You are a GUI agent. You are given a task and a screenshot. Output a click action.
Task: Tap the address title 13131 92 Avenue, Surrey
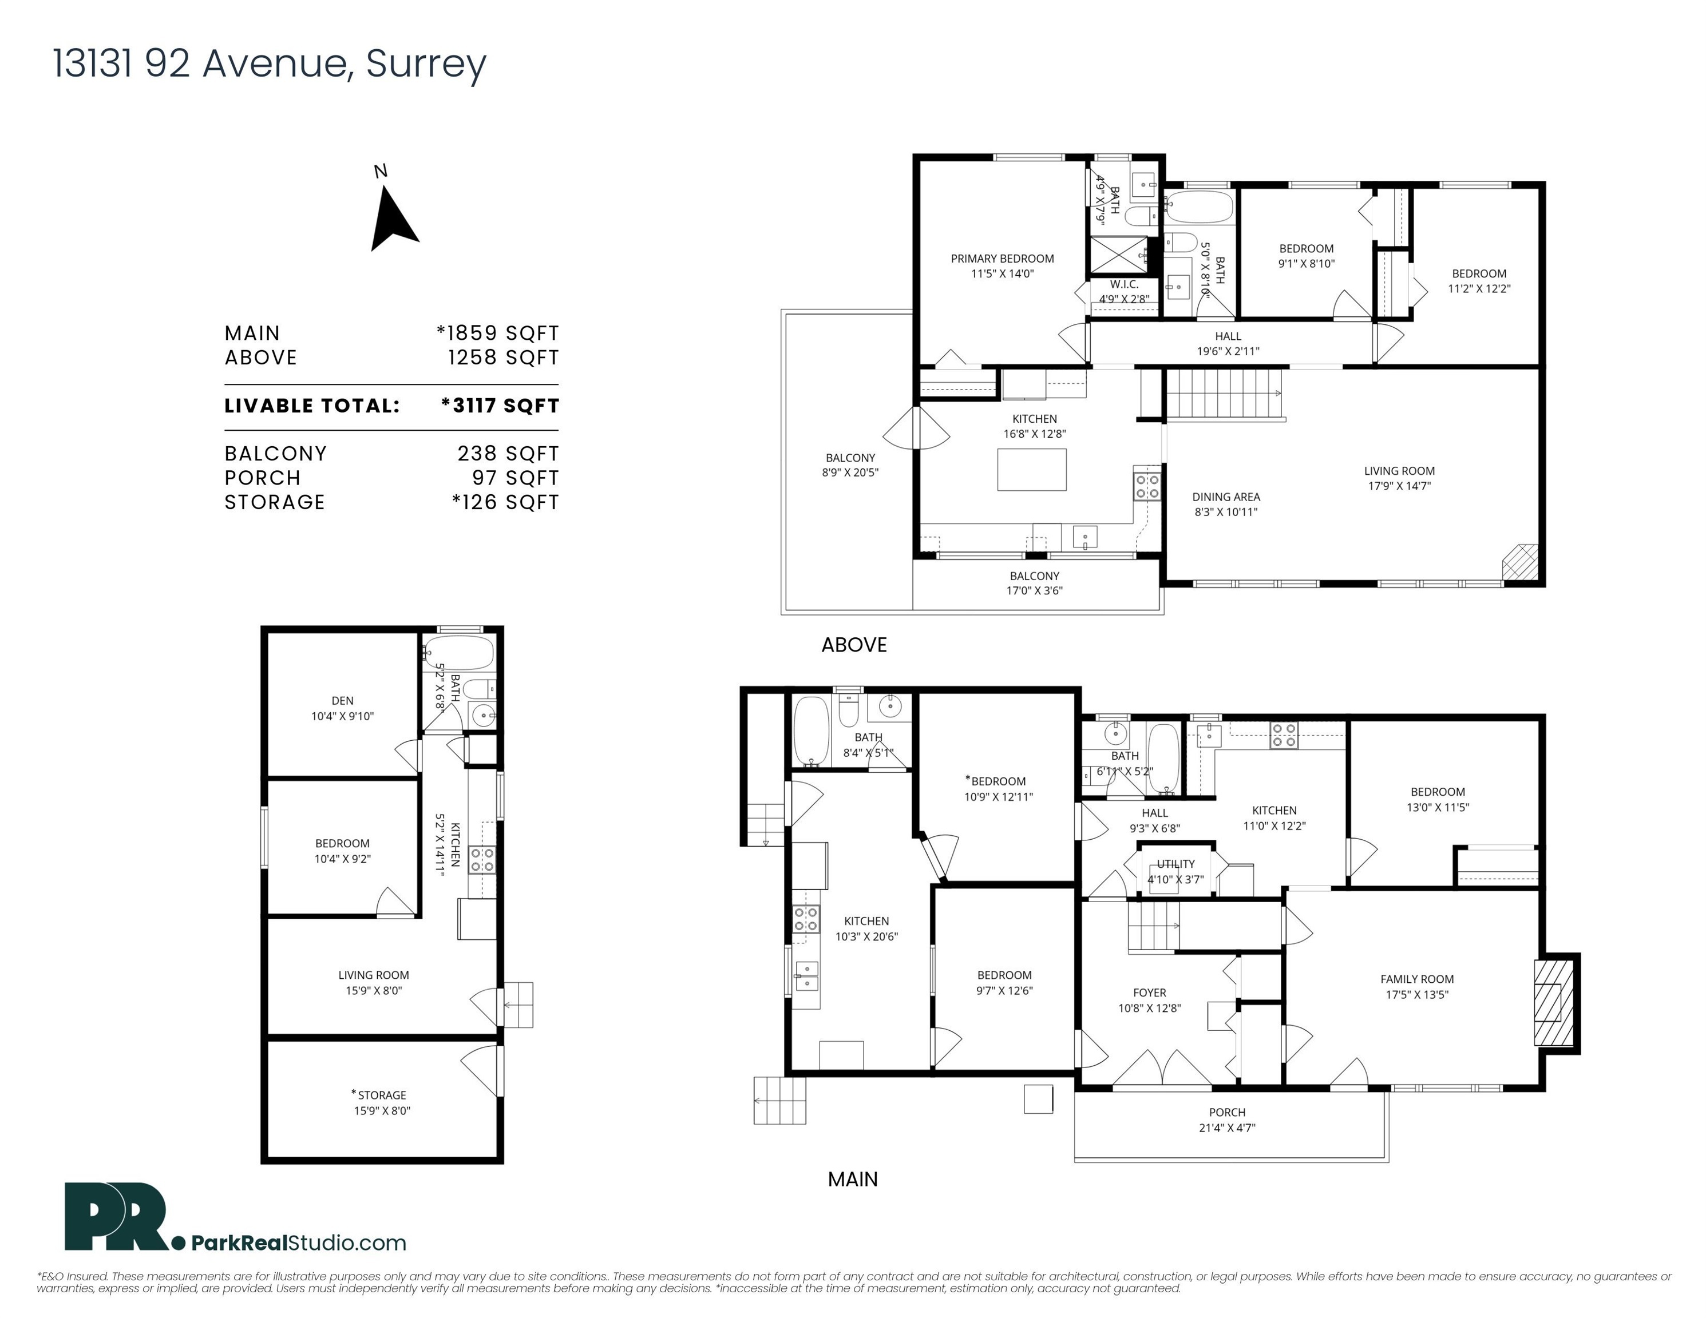pos(270,63)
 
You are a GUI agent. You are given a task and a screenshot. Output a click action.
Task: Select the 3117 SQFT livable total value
pos(500,406)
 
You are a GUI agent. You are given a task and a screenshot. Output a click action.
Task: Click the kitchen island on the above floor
pos(1031,469)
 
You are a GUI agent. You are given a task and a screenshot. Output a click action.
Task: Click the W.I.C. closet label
pos(1124,285)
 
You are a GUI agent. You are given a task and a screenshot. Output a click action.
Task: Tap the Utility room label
pos(1175,864)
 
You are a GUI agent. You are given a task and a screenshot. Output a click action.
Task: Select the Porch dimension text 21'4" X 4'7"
pos(1227,1128)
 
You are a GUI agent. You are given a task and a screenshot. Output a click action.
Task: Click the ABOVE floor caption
pos(854,645)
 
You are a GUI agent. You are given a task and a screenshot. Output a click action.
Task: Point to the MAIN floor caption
pos(852,1179)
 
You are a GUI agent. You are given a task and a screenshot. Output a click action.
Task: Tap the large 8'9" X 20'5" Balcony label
pos(850,465)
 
